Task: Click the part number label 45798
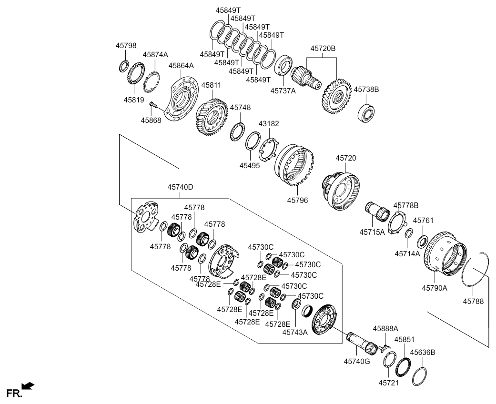click(x=126, y=46)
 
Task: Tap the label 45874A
click(x=155, y=55)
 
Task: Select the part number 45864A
click(x=181, y=66)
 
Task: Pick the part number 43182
click(x=269, y=123)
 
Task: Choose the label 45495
click(x=250, y=166)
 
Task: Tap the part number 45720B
click(x=323, y=48)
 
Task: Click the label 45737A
click(x=283, y=91)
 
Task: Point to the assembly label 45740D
click(x=180, y=187)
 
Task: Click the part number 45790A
click(x=435, y=288)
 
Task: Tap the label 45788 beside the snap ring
click(x=474, y=301)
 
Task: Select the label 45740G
click(x=357, y=361)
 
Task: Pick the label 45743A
click(x=295, y=332)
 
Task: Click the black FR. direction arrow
click(x=28, y=385)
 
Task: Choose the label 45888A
click(x=385, y=328)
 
